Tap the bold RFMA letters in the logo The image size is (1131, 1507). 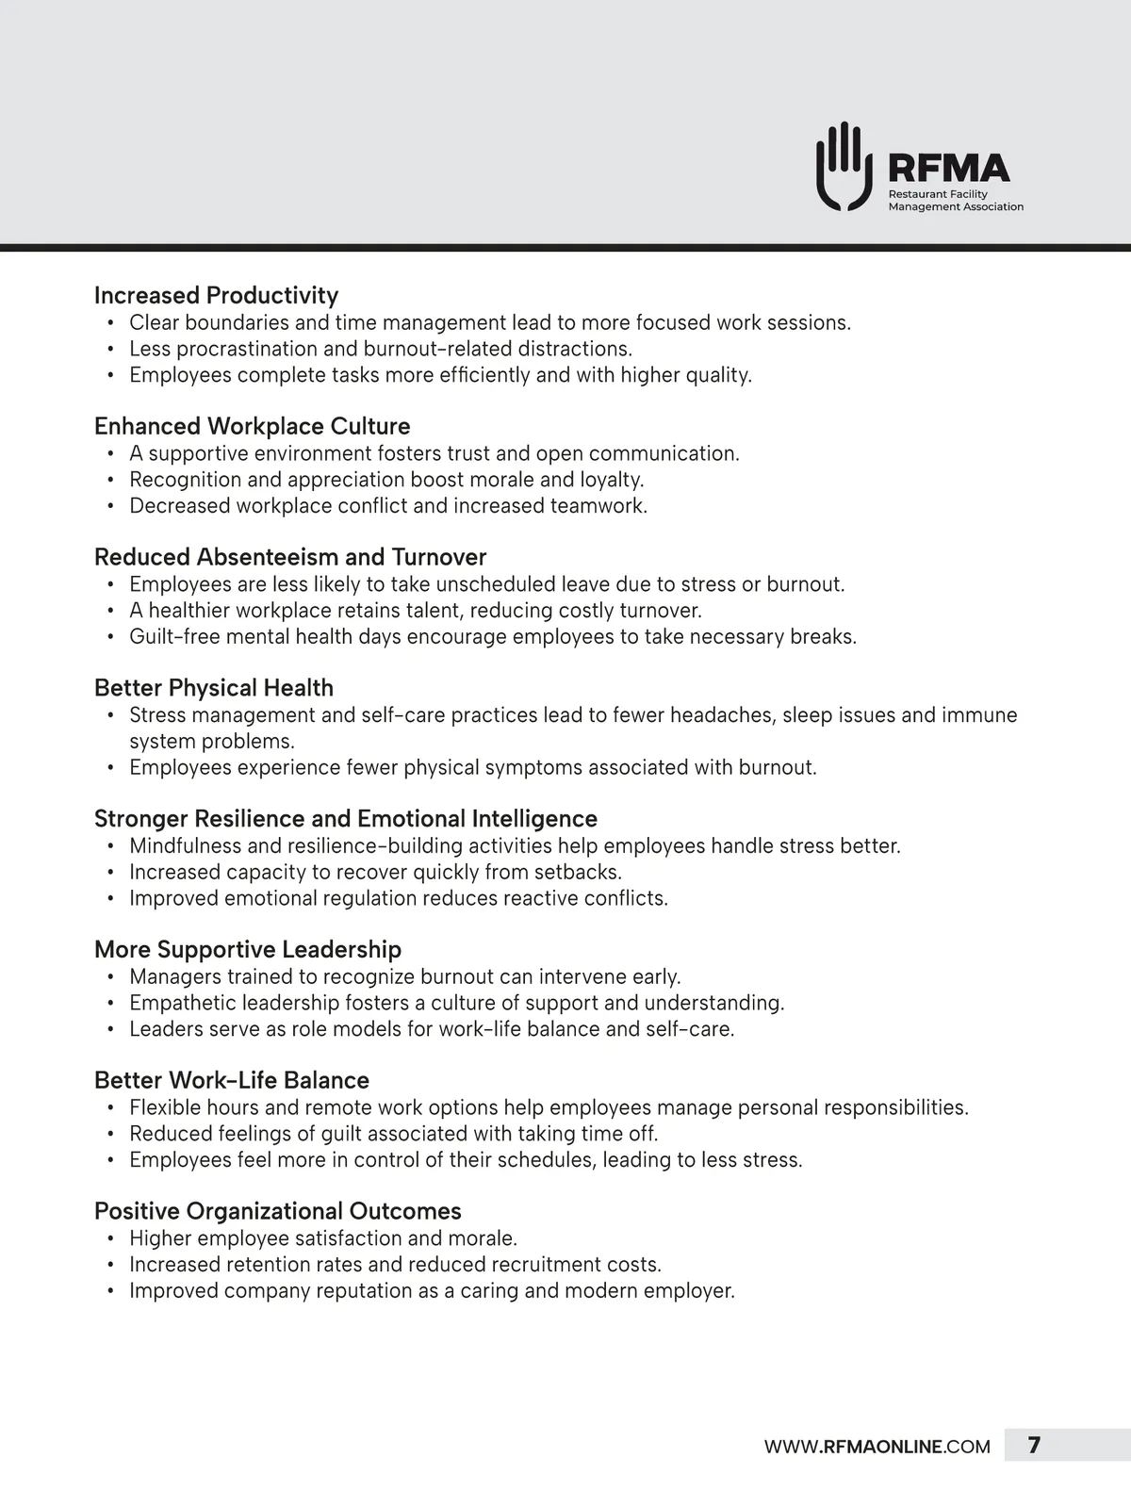tap(949, 169)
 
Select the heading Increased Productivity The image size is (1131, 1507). tap(216, 295)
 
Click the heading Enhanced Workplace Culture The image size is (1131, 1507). tap(252, 426)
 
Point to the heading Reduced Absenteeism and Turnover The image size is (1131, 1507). tap(290, 557)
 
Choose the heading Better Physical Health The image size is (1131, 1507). tap(214, 688)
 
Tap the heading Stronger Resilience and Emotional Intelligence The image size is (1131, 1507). tap(346, 819)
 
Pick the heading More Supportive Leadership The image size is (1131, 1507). tap(248, 949)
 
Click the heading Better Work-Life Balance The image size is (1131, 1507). tap(232, 1080)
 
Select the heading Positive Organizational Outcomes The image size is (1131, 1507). tap(278, 1211)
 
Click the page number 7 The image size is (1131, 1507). tap(1034, 1446)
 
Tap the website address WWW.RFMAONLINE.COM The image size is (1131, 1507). tap(877, 1447)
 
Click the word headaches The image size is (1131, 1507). tap(707, 715)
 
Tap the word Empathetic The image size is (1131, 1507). tap(183, 1003)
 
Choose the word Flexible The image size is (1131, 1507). tap(165, 1107)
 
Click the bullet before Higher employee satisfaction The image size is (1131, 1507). tap(110, 1238)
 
